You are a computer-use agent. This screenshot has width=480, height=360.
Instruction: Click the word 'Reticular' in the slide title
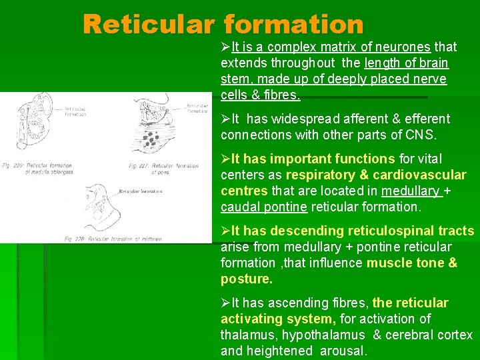(x=149, y=25)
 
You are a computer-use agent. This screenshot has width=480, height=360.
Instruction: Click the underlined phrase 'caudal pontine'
(x=264, y=207)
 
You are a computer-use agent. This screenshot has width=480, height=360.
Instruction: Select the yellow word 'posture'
(x=245, y=279)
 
